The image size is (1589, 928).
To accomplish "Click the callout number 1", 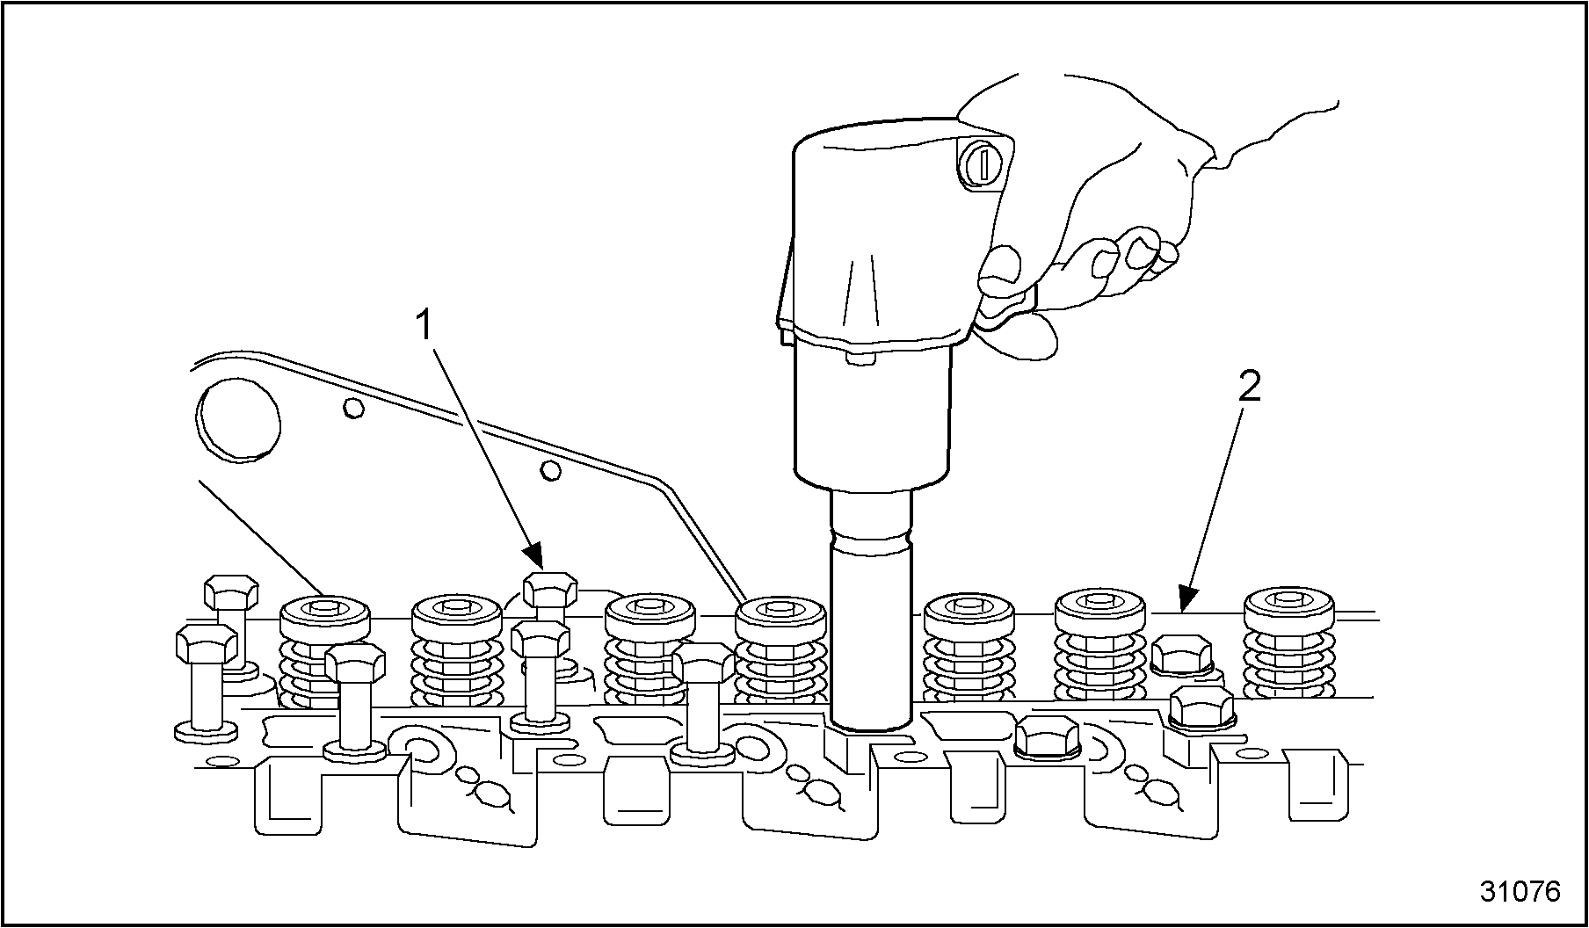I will pos(424,326).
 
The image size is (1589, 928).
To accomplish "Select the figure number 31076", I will pos(1520,891).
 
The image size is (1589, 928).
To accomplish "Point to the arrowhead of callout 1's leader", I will pos(536,559).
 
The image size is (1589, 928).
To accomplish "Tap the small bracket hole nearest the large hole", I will pos(353,408).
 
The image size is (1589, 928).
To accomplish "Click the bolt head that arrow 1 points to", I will pos(550,587).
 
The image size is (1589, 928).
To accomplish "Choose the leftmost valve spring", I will pos(323,650).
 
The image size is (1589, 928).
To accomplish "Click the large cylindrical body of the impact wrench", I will pos(872,413).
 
